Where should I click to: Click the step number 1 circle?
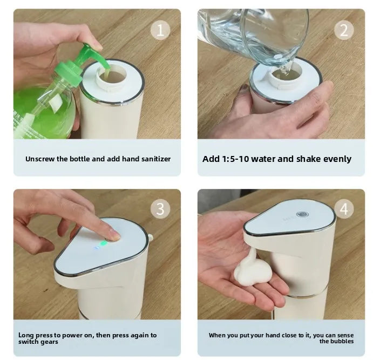tap(159, 30)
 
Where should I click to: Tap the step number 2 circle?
tap(344, 30)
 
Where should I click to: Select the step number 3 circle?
tap(159, 208)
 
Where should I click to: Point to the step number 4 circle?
tap(344, 208)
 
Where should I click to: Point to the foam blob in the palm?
tap(253, 270)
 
